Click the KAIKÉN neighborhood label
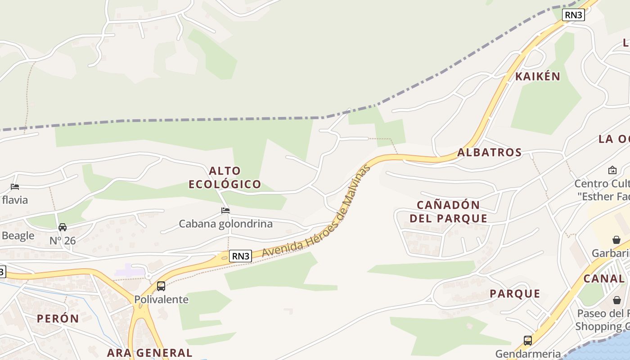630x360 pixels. pos(538,76)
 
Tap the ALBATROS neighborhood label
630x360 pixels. pos(490,153)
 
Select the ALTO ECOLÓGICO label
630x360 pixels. pos(225,178)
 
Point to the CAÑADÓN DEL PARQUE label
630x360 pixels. pos(452,212)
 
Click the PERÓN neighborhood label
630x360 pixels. pos(58,319)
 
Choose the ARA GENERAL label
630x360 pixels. pos(149,352)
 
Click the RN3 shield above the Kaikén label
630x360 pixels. pos(573,15)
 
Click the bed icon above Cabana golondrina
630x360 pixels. pos(225,210)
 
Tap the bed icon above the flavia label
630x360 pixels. pos(15,186)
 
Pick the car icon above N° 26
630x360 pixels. pos(63,227)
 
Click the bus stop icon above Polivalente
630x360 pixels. pos(161,286)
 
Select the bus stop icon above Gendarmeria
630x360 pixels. pos(528,340)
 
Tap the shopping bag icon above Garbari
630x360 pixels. pos(616,240)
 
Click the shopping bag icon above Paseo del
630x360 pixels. pos(616,300)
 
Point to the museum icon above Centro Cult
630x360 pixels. pos(612,170)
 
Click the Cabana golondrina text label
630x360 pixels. pos(225,224)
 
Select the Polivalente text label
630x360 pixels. pos(161,299)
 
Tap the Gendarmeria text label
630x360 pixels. pos(528,354)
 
